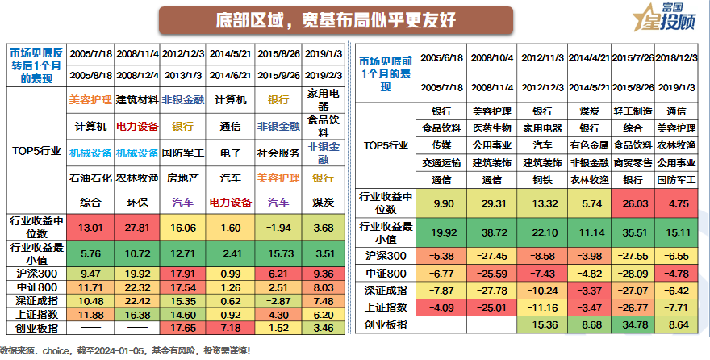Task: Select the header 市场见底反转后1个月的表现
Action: [35, 66]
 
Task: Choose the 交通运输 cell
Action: [441, 162]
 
